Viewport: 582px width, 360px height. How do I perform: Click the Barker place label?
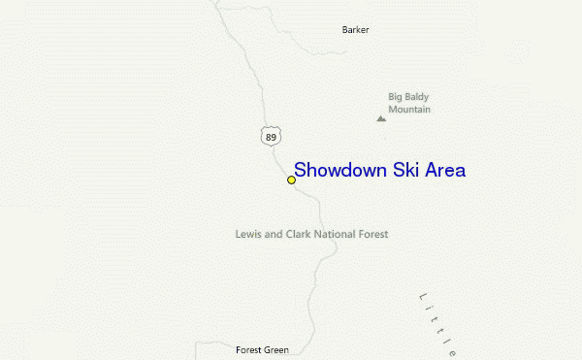pos(356,30)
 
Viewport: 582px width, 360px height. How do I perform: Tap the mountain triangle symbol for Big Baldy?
pos(381,118)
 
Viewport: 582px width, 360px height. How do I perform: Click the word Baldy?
pos(417,97)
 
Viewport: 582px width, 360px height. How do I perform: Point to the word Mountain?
pos(409,110)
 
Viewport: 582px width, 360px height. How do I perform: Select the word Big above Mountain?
pos(396,97)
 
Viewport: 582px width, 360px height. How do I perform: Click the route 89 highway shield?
pos(270,137)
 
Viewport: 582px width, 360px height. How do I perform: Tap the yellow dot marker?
pos(291,180)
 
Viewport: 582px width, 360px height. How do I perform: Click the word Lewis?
pos(247,234)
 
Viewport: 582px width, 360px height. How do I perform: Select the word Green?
pos(276,349)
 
